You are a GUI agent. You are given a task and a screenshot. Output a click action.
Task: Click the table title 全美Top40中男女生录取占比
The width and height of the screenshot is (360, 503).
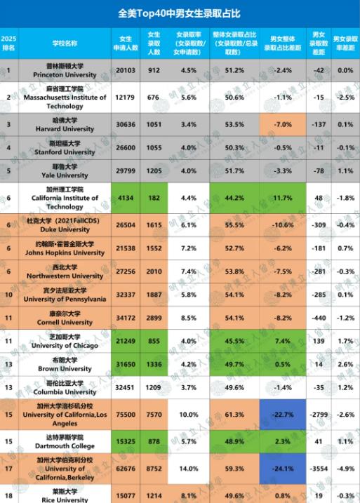[179, 13]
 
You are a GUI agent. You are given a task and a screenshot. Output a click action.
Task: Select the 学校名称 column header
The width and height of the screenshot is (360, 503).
[65, 43]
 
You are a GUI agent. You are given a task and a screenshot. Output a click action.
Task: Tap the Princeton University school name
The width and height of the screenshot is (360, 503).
[65, 75]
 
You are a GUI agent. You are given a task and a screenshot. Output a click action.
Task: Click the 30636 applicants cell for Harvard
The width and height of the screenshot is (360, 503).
[126, 124]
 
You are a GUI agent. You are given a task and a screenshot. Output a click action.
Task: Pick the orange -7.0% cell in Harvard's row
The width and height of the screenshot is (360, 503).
[283, 124]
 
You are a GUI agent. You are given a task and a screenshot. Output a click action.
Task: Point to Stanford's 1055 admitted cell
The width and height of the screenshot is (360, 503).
[154, 148]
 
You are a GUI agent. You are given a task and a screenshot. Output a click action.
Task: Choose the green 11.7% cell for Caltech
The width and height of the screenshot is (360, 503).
[283, 198]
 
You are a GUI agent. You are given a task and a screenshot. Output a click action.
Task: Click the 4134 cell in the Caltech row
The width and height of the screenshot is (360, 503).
[126, 198]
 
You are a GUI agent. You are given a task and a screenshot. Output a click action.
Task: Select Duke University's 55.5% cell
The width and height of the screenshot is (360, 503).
[234, 225]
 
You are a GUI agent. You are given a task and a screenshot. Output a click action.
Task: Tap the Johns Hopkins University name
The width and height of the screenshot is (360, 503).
[65, 253]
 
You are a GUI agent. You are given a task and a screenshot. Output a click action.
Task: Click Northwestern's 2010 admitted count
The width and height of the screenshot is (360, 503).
[154, 271]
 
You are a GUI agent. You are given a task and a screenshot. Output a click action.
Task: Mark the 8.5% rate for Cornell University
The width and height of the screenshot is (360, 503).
[189, 318]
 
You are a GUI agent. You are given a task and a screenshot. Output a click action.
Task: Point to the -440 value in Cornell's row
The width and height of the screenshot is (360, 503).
[319, 318]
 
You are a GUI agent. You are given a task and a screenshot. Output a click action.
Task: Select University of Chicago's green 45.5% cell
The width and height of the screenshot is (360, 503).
[234, 341]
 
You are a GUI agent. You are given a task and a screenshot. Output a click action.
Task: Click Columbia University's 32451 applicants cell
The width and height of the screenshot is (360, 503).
[125, 387]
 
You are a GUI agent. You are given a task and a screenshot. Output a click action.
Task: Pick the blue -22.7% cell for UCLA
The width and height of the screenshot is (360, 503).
[283, 415]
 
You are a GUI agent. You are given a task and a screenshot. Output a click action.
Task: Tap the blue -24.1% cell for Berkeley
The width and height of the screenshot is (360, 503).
[283, 469]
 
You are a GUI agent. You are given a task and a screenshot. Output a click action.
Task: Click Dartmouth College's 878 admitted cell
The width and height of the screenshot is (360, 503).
[154, 441]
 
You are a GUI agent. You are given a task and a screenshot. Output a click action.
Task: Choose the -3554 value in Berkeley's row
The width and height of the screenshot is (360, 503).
[319, 469]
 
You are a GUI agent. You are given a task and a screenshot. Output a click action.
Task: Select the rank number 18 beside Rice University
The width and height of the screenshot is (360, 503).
[8, 495]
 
